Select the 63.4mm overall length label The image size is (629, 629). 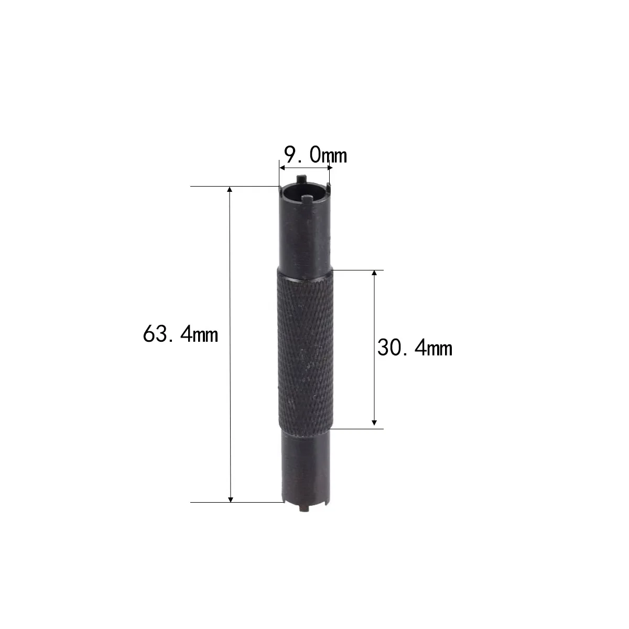click(x=180, y=334)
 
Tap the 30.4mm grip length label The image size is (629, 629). click(x=414, y=348)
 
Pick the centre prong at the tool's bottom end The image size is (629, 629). click(x=303, y=507)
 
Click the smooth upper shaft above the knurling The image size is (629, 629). click(x=304, y=236)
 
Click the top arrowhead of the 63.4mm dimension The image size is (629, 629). click(x=230, y=190)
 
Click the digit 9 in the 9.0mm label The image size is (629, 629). click(x=290, y=155)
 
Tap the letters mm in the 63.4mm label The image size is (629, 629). click(x=205, y=334)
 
